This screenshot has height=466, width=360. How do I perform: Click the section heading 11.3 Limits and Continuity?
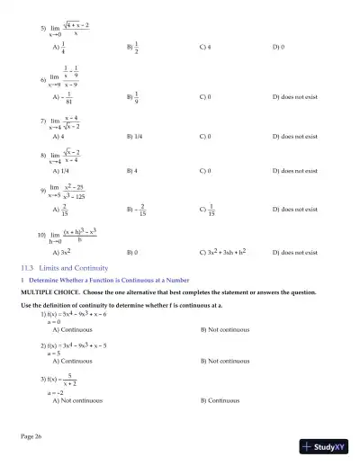click(x=65, y=268)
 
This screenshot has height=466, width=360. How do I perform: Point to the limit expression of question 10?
click(x=67, y=235)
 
